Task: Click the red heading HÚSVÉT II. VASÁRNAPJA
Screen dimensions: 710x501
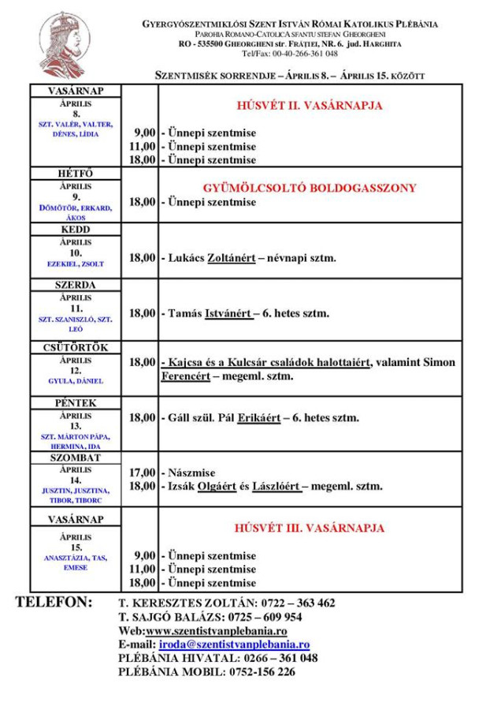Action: (310, 106)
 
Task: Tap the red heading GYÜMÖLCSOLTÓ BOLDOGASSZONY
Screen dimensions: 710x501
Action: (310, 189)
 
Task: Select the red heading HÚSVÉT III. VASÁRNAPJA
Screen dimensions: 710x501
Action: (310, 528)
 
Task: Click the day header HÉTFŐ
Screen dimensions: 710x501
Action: (76, 174)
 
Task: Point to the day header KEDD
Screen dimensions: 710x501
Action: (76, 230)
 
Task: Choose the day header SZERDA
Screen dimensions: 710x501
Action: (76, 285)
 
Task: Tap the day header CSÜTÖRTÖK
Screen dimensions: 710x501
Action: (76, 347)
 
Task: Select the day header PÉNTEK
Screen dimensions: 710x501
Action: (76, 403)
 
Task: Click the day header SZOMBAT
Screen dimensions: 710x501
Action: (76, 458)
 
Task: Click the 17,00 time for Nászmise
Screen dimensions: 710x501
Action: (142, 473)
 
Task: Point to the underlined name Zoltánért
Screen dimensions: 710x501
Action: (231, 258)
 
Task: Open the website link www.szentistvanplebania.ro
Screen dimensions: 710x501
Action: (216, 631)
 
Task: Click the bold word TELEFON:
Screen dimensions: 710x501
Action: (54, 603)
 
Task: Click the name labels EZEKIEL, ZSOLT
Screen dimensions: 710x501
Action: (76, 263)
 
